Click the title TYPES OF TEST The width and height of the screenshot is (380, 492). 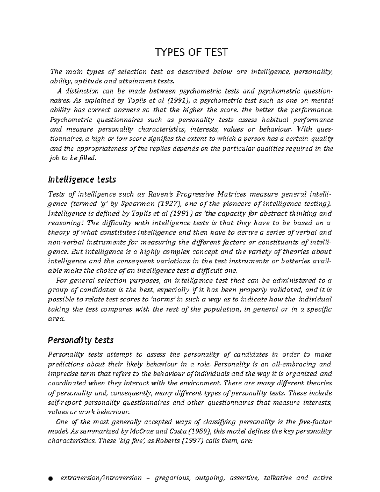tap(191, 52)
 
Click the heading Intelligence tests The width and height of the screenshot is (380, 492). tap(82, 180)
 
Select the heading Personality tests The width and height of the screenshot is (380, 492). tap(80, 340)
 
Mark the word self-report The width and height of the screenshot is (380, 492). tap(65, 403)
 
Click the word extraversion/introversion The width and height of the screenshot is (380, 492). tap(101, 478)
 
